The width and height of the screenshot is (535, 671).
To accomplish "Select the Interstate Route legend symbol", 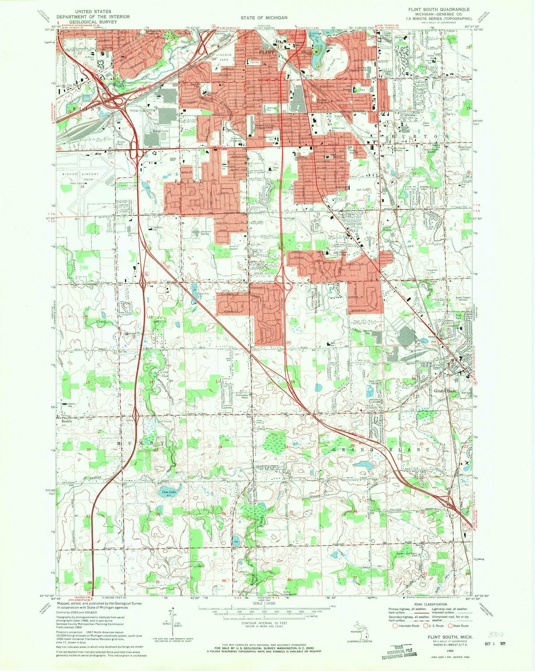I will point(394,626).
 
